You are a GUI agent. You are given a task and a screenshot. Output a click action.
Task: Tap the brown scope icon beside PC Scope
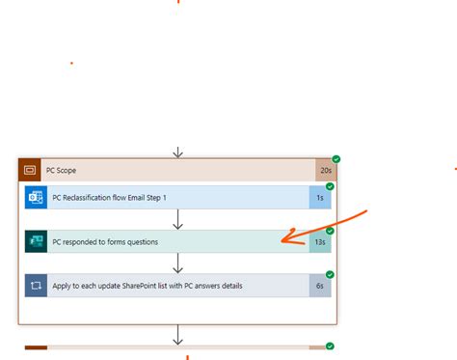[x=29, y=170]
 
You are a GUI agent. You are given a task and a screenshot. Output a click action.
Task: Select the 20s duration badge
[x=325, y=170]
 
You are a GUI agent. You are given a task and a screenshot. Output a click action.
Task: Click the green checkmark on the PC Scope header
[x=336, y=159]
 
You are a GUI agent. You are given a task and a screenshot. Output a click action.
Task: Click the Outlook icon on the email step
[x=36, y=197]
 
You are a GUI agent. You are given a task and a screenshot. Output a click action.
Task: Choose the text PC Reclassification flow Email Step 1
[x=109, y=197]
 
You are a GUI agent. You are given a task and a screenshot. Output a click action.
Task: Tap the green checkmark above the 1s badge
[x=330, y=186]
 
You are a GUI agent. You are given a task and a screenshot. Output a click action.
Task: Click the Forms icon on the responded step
[x=36, y=241]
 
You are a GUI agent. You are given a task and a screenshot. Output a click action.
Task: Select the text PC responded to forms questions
[x=105, y=241]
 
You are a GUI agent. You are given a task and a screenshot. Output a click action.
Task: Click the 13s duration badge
[x=319, y=241]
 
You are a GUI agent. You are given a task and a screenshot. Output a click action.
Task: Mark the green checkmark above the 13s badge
[x=330, y=231]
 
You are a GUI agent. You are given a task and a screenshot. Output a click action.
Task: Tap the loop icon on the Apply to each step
[x=36, y=286]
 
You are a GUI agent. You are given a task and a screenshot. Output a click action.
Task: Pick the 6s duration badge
[x=320, y=286]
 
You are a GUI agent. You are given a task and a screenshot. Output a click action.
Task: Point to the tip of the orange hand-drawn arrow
[x=282, y=240]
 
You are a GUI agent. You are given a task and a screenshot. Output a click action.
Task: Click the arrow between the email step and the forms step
[x=178, y=219]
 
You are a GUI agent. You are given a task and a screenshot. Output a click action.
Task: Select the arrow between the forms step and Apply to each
[x=178, y=263]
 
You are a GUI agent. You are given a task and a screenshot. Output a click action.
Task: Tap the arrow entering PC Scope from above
[x=178, y=152]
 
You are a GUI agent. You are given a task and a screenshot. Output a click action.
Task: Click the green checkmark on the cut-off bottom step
[x=331, y=346]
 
